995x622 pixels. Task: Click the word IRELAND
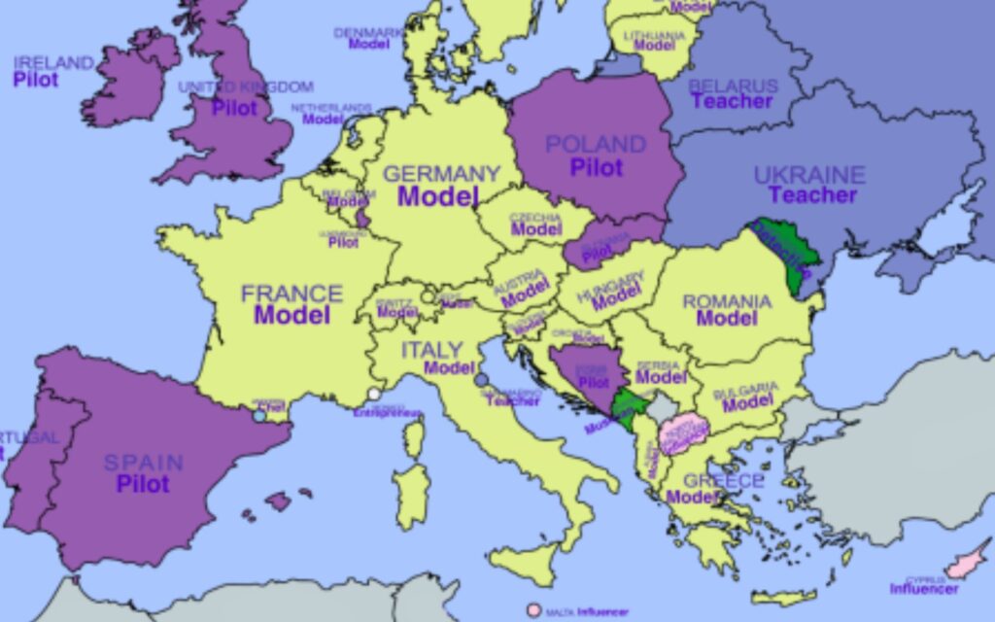[x=53, y=63]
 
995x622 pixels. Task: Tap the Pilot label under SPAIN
[x=143, y=483]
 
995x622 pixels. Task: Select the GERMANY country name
[x=441, y=174]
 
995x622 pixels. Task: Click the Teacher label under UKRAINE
[x=812, y=195]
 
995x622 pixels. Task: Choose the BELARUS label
[x=733, y=86]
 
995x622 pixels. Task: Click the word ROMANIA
[x=727, y=301]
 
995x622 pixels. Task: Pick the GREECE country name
[x=724, y=480]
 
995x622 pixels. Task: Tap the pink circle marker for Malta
[x=533, y=610]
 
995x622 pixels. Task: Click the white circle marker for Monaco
[x=374, y=395]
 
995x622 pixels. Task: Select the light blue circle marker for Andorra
[x=258, y=415]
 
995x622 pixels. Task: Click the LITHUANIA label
[x=654, y=36]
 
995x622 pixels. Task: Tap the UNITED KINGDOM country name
[x=245, y=87]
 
